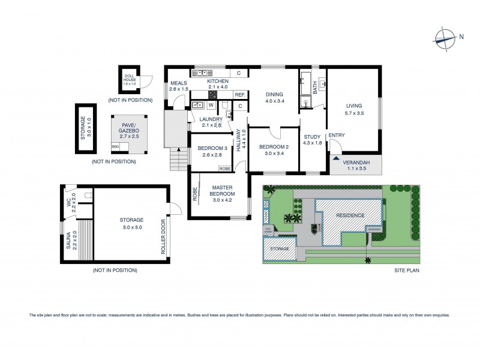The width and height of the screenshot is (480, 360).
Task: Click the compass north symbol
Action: pos(446,37)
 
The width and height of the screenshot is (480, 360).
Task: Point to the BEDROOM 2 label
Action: pos(270,147)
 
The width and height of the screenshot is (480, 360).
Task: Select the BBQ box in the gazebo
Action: pos(115,146)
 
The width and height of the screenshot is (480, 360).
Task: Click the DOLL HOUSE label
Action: pos(130,77)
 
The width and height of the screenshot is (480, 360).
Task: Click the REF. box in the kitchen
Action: pos(239,95)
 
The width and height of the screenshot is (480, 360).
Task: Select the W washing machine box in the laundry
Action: pos(211,105)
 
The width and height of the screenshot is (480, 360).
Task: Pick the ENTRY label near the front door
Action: pos(337,135)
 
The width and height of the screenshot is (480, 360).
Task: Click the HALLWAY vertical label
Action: pos(238,139)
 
